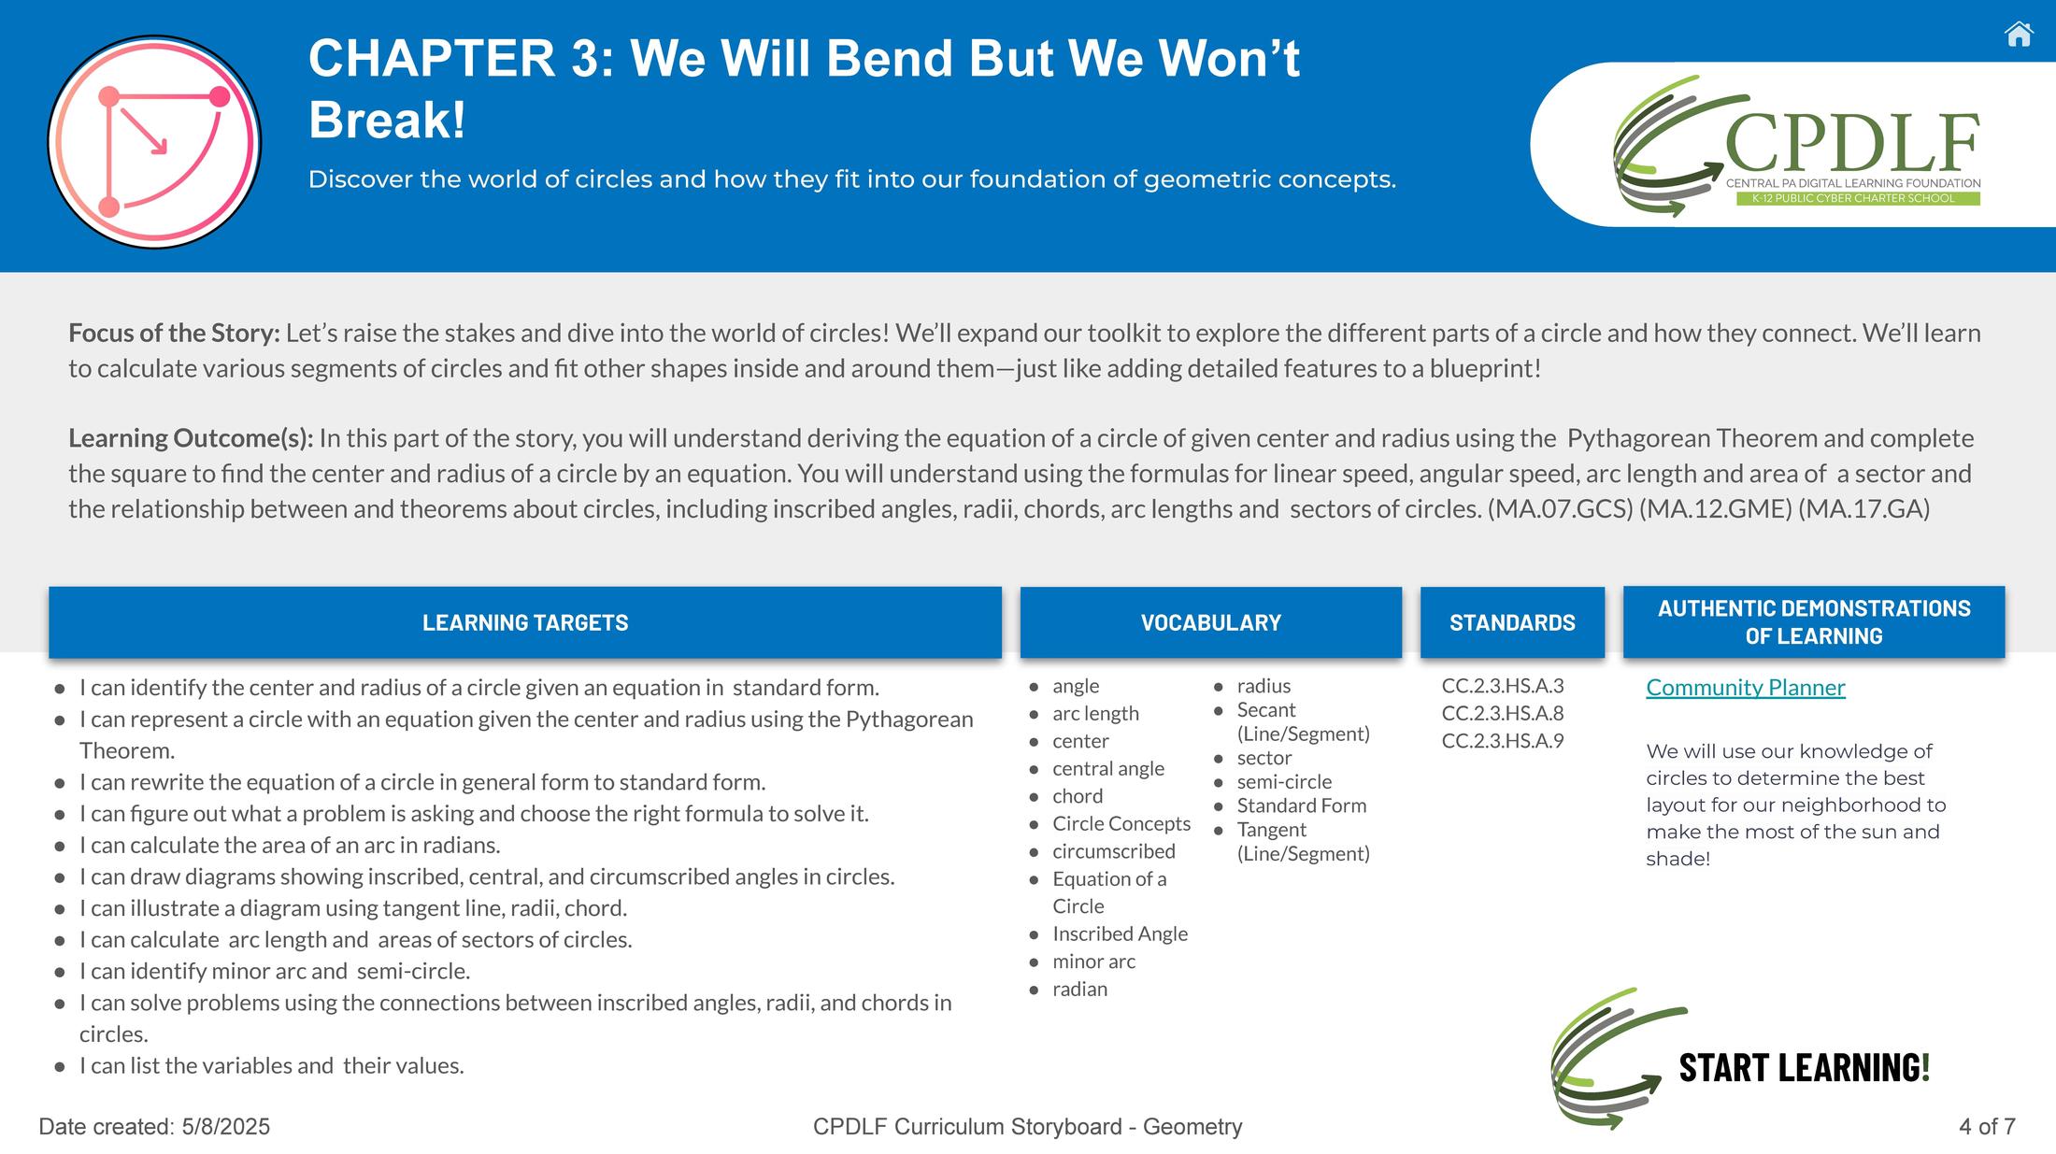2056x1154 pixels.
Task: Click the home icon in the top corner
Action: coord(2019,35)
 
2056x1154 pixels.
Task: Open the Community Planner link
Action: coord(1746,688)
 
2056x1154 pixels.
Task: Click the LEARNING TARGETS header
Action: coord(525,622)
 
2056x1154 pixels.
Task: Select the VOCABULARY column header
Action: coord(1211,622)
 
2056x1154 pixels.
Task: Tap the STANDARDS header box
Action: coord(1512,622)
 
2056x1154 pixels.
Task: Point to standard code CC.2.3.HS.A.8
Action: coord(1503,713)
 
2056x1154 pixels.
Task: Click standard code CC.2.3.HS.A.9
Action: coord(1503,741)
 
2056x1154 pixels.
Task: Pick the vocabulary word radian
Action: coord(1079,989)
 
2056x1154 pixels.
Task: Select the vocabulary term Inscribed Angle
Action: coord(1120,933)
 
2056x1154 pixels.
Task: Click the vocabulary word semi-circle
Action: coord(1284,781)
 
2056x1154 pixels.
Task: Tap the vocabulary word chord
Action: coord(1078,796)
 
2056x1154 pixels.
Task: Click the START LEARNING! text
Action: coord(1805,1067)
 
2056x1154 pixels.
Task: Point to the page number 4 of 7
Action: coord(1987,1127)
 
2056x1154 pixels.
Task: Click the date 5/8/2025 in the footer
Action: coord(226,1127)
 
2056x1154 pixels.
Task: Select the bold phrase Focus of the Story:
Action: coord(174,334)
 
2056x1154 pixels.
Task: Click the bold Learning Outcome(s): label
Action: coord(191,438)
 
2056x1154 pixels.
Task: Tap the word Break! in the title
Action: coord(387,120)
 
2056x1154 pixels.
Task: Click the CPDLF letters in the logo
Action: coord(1852,143)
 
